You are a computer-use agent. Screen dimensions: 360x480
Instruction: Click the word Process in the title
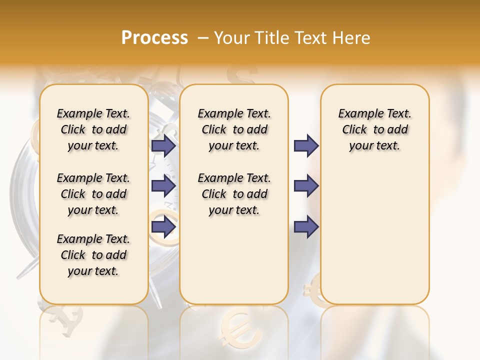(x=154, y=38)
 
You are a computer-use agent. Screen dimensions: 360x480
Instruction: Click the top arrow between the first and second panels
(x=163, y=145)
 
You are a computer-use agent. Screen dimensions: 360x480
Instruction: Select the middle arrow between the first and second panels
(x=163, y=186)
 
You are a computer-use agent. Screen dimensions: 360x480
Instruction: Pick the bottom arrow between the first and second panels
(x=163, y=226)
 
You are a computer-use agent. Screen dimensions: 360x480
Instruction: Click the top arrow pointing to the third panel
(x=306, y=145)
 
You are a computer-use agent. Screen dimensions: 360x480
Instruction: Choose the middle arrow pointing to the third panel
(x=306, y=186)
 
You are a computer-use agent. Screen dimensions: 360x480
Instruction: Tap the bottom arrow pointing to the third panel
(x=306, y=226)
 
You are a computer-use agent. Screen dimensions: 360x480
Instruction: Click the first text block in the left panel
(x=93, y=129)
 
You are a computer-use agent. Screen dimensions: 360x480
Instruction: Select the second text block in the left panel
(x=93, y=194)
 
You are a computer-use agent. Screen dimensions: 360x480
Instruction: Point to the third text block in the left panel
(x=93, y=255)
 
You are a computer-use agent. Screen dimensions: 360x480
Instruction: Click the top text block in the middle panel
(x=234, y=129)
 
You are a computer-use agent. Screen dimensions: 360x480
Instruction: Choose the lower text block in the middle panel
(x=234, y=194)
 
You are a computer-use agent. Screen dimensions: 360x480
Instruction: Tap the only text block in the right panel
(x=374, y=129)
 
